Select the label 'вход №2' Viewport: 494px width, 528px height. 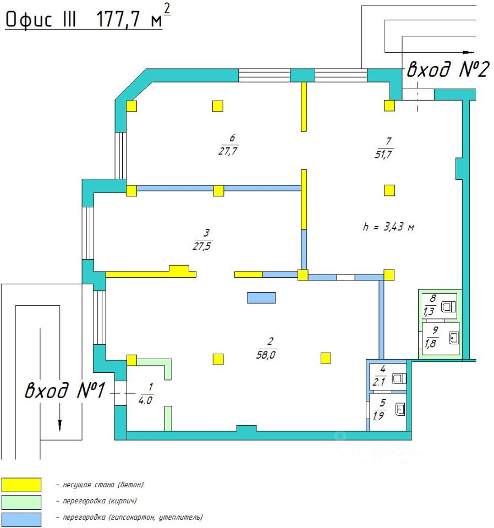click(x=447, y=70)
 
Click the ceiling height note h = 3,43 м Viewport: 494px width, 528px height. click(x=388, y=227)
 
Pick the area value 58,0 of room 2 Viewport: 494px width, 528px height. click(x=266, y=355)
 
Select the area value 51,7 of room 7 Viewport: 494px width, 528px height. click(x=383, y=155)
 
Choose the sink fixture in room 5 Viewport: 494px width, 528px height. click(x=400, y=409)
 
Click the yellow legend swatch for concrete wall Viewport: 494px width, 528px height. click(x=21, y=485)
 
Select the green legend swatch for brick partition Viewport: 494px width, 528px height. click(x=21, y=502)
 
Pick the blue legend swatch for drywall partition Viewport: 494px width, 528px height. click(x=21, y=519)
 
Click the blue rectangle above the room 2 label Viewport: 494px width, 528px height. click(x=261, y=298)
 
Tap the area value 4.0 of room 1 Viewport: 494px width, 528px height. click(x=146, y=400)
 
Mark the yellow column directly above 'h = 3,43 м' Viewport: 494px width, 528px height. click(x=389, y=190)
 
